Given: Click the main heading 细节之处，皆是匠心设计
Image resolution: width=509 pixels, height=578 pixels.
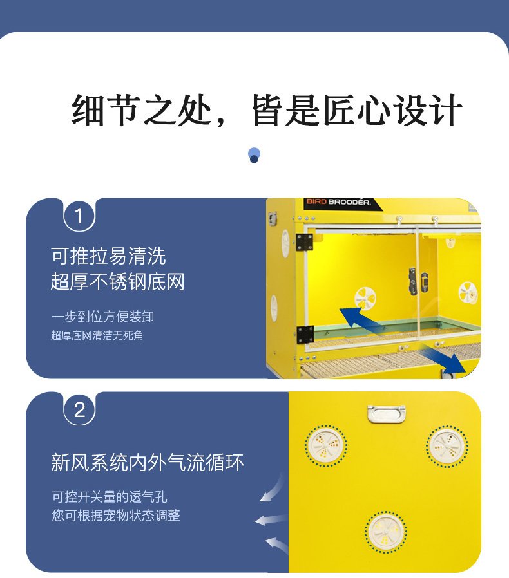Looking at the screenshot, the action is [x=267, y=110].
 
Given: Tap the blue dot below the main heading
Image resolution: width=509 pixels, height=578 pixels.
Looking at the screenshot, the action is [x=254, y=155].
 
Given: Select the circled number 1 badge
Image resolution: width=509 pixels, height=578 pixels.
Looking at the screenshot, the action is [x=79, y=216].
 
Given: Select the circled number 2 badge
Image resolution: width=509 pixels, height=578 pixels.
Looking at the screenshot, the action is [x=79, y=410].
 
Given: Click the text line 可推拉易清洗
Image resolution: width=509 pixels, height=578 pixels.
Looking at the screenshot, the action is [x=108, y=256].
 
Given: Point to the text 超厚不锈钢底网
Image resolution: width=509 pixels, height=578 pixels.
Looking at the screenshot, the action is [x=118, y=282].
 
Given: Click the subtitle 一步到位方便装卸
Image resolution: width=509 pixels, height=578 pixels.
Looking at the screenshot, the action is [x=102, y=317].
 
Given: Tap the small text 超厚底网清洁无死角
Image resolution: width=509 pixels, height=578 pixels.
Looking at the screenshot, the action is [x=97, y=335].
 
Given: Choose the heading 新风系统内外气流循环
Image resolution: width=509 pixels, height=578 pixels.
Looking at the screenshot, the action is [x=148, y=462].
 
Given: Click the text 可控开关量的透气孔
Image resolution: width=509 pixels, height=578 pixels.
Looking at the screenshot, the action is [x=110, y=497].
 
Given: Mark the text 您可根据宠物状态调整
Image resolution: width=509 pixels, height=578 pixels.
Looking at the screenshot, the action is [x=116, y=516].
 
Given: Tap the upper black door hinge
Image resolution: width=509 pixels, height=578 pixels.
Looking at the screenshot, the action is [x=304, y=242].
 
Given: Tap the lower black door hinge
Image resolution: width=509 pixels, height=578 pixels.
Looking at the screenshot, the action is [x=305, y=334].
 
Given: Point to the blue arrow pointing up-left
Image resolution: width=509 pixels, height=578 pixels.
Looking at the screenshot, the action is [x=360, y=320].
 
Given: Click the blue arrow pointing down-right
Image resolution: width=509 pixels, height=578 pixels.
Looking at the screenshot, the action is [x=443, y=359].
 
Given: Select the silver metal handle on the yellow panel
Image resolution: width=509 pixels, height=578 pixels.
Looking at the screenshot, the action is [x=387, y=413].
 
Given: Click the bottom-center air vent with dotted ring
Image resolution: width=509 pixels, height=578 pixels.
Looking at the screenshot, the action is [x=386, y=532].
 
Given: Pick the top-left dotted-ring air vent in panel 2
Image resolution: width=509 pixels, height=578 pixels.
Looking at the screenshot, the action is [x=325, y=445].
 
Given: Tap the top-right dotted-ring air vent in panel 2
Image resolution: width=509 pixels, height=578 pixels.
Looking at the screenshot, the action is [x=447, y=446].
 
